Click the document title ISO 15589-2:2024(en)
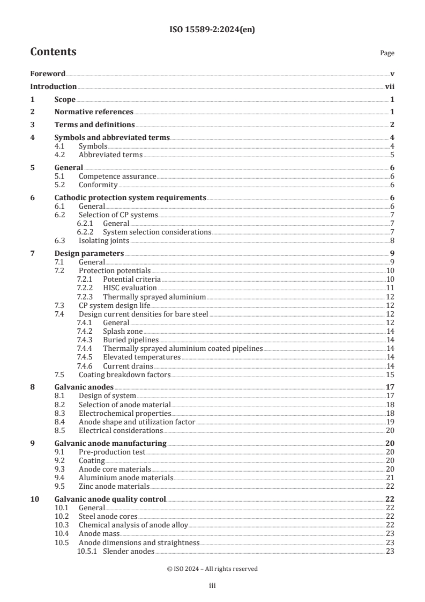pyautogui.click(x=212, y=30)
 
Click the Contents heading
pyautogui.click(x=53, y=52)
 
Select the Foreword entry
pyautogui.click(x=48, y=74)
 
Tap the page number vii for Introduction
pyautogui.click(x=390, y=86)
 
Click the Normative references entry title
pyautogui.click(x=94, y=112)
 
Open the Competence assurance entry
pyautogui.click(x=117, y=176)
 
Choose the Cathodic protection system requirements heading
pyautogui.click(x=130, y=197)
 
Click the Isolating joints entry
pyautogui.click(x=103, y=240)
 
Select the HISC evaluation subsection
pyautogui.click(x=130, y=288)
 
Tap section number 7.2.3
pyautogui.click(x=85, y=296)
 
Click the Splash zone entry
pyautogui.click(x=123, y=331)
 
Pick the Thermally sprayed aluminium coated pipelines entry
pyautogui.click(x=183, y=348)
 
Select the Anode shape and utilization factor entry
pyautogui.click(x=137, y=422)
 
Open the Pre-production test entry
pyautogui.click(x=112, y=452)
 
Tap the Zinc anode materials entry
pyautogui.click(x=114, y=486)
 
